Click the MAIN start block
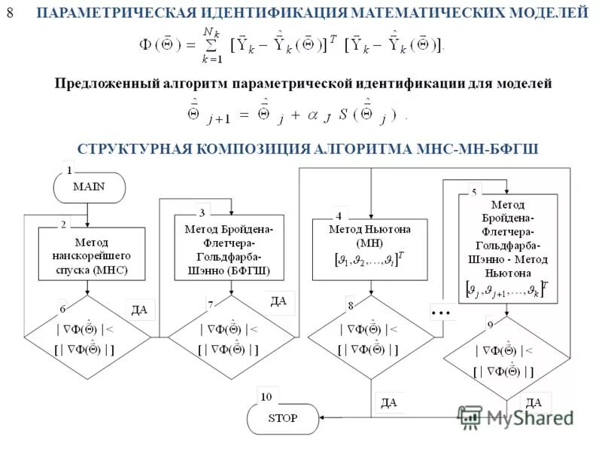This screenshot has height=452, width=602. tap(89, 188)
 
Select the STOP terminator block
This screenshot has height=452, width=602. tap(283, 418)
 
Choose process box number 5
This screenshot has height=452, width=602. tap(508, 249)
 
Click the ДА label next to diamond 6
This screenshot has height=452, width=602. tap(139, 309)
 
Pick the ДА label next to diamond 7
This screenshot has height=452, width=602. tap(278, 301)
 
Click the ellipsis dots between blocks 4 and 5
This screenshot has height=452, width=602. tap(440, 311)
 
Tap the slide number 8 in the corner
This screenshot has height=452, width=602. tap(10, 13)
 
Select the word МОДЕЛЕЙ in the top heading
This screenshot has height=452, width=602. tap(552, 13)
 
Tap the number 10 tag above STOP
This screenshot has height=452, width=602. tap(266, 396)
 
